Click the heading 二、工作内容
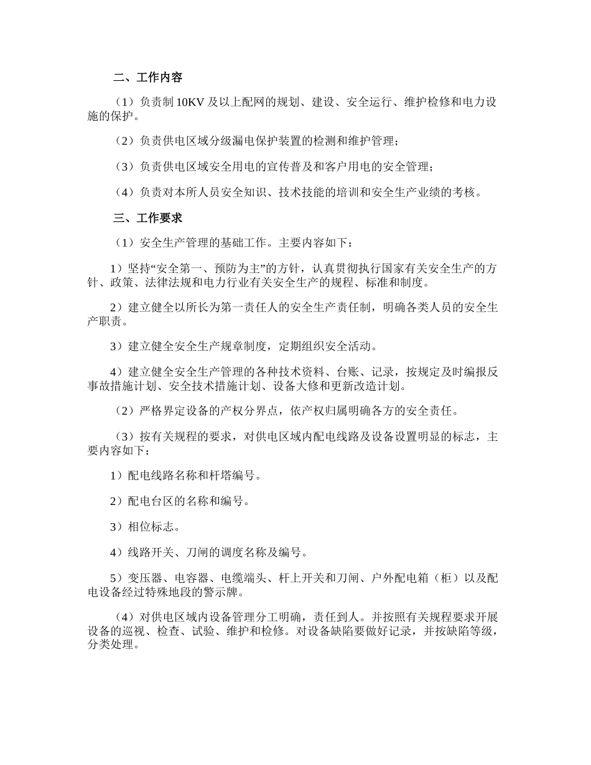pyautogui.click(x=148, y=78)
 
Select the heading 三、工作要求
pyautogui.click(x=148, y=218)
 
